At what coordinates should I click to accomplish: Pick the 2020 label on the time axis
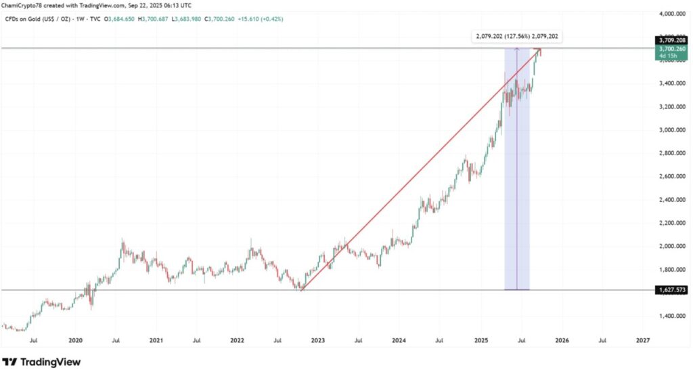pos(76,340)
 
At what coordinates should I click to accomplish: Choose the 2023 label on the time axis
pos(318,340)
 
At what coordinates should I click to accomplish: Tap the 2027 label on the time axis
pos(643,340)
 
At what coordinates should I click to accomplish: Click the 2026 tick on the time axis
pos(562,340)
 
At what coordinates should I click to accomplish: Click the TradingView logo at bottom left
pos(42,362)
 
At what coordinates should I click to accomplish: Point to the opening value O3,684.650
pos(119,19)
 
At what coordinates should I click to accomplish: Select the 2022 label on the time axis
pos(237,340)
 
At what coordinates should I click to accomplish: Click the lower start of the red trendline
pos(301,290)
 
